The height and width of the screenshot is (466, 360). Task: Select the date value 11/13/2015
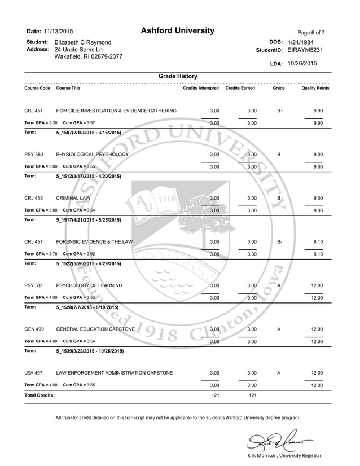point(58,32)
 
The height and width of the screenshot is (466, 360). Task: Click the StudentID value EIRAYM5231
point(305,50)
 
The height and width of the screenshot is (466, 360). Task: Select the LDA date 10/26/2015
point(302,64)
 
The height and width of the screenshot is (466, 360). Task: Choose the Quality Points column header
point(315,88)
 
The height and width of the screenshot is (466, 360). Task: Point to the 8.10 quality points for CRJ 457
point(317,241)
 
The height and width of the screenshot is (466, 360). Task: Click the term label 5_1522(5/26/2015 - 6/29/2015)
point(89,263)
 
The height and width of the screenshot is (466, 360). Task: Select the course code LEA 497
point(34,373)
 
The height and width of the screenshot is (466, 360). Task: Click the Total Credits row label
point(39,395)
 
